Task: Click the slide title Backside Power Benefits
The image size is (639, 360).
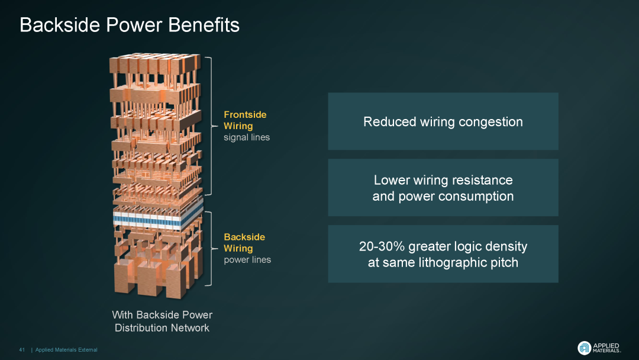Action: [x=130, y=25]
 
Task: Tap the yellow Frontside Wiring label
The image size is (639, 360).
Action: [x=245, y=120]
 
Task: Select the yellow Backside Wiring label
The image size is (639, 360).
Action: [x=244, y=243]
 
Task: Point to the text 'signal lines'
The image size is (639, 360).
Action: [x=246, y=137]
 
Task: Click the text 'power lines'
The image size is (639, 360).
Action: [x=247, y=259]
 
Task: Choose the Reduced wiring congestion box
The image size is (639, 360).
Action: [x=443, y=121]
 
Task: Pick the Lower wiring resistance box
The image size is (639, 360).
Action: [x=443, y=188]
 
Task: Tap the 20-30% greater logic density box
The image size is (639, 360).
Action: [x=443, y=254]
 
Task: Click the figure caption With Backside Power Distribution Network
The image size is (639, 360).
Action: [x=162, y=322]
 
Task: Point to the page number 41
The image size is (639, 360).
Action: [x=22, y=350]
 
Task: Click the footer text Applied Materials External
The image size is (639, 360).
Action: [x=66, y=350]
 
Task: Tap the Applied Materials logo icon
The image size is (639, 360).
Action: [x=584, y=348]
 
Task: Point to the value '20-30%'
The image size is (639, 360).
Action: [x=382, y=246]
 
